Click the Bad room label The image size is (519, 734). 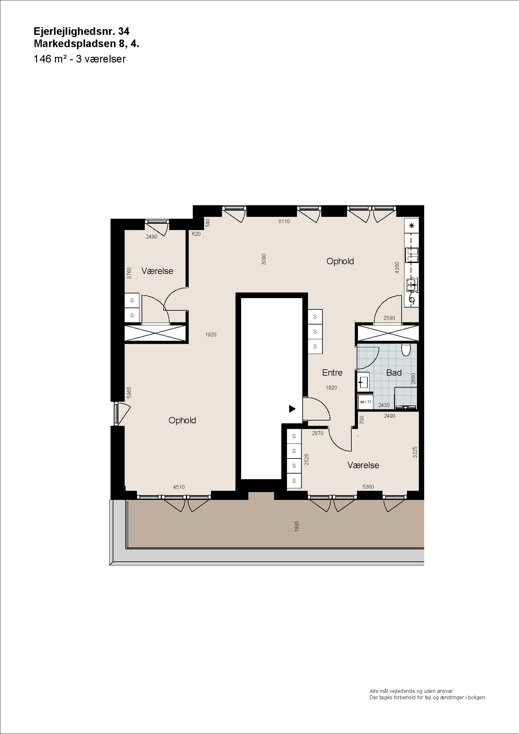394,372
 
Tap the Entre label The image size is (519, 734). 332,372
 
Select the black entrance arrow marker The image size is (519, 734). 292,409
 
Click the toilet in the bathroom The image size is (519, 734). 406,350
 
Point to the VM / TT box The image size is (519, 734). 365,402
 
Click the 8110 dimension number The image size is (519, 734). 284,221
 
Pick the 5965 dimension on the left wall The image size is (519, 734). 129,393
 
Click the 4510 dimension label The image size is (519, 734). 179,487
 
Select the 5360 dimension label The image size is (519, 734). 368,487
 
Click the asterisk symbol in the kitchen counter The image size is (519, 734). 412,226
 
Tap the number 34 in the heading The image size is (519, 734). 124,31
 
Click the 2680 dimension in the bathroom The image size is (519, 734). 413,378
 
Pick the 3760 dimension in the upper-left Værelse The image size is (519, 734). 129,273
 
